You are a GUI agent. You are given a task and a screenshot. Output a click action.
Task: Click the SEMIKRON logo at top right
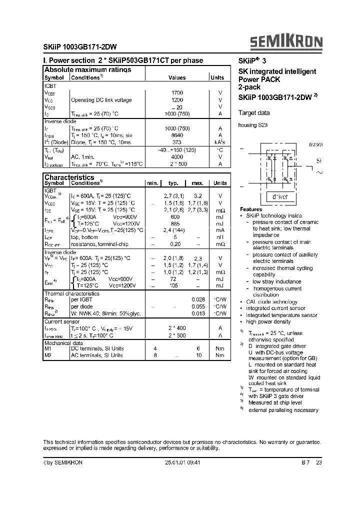click(286, 42)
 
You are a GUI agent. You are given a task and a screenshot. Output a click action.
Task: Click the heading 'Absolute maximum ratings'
click(87, 69)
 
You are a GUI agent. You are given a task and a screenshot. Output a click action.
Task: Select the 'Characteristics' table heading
click(69, 177)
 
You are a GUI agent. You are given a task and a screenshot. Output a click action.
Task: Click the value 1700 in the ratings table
click(177, 93)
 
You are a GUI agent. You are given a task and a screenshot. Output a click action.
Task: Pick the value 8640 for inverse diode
click(177, 135)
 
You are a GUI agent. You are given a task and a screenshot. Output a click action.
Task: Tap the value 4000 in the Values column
click(177, 156)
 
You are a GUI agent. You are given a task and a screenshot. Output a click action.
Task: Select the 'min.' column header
click(152, 183)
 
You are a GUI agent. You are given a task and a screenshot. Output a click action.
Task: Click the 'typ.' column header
click(173, 183)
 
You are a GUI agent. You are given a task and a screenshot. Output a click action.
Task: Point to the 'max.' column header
click(197, 183)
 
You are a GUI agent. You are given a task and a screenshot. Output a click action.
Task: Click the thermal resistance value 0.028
click(198, 299)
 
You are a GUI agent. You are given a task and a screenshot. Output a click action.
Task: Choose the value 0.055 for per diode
click(198, 306)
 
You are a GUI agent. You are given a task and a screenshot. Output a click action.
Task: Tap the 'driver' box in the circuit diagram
click(279, 197)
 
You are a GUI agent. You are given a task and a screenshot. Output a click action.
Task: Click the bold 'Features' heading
click(251, 209)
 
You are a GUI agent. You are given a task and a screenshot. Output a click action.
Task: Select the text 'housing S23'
click(253, 125)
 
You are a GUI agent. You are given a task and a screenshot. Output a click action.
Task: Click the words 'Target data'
click(254, 113)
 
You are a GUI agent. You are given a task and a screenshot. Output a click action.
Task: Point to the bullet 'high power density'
click(269, 322)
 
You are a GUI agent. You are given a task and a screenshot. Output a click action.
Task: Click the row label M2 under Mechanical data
click(48, 355)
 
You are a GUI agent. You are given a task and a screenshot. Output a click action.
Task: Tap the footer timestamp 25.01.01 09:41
click(182, 463)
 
